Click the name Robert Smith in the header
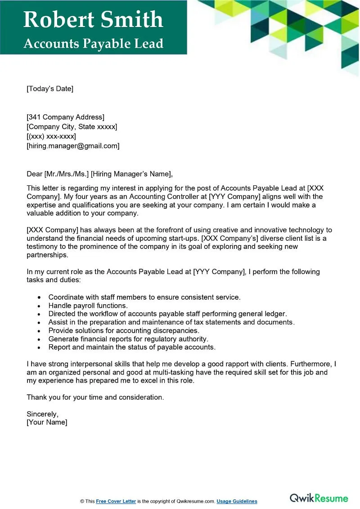pos(93,20)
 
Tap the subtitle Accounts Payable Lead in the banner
pos(93,44)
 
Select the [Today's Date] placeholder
pos(49,89)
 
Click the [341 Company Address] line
pos(65,117)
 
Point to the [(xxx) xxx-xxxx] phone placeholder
pos(51,136)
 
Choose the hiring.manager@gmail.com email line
pos(73,146)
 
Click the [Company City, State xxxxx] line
pos(72,127)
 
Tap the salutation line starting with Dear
pos(99,174)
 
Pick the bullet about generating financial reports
pos(128,339)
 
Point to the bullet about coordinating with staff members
pos(144,297)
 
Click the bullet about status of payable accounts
pos(132,347)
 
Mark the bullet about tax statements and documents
pos(171,322)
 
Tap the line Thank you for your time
pos(95,397)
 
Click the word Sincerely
pos(42,414)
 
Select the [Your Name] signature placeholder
pos(47,423)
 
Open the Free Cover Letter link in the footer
pos(116,501)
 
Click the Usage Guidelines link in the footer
pos(237,501)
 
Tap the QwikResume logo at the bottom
pos(319,498)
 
